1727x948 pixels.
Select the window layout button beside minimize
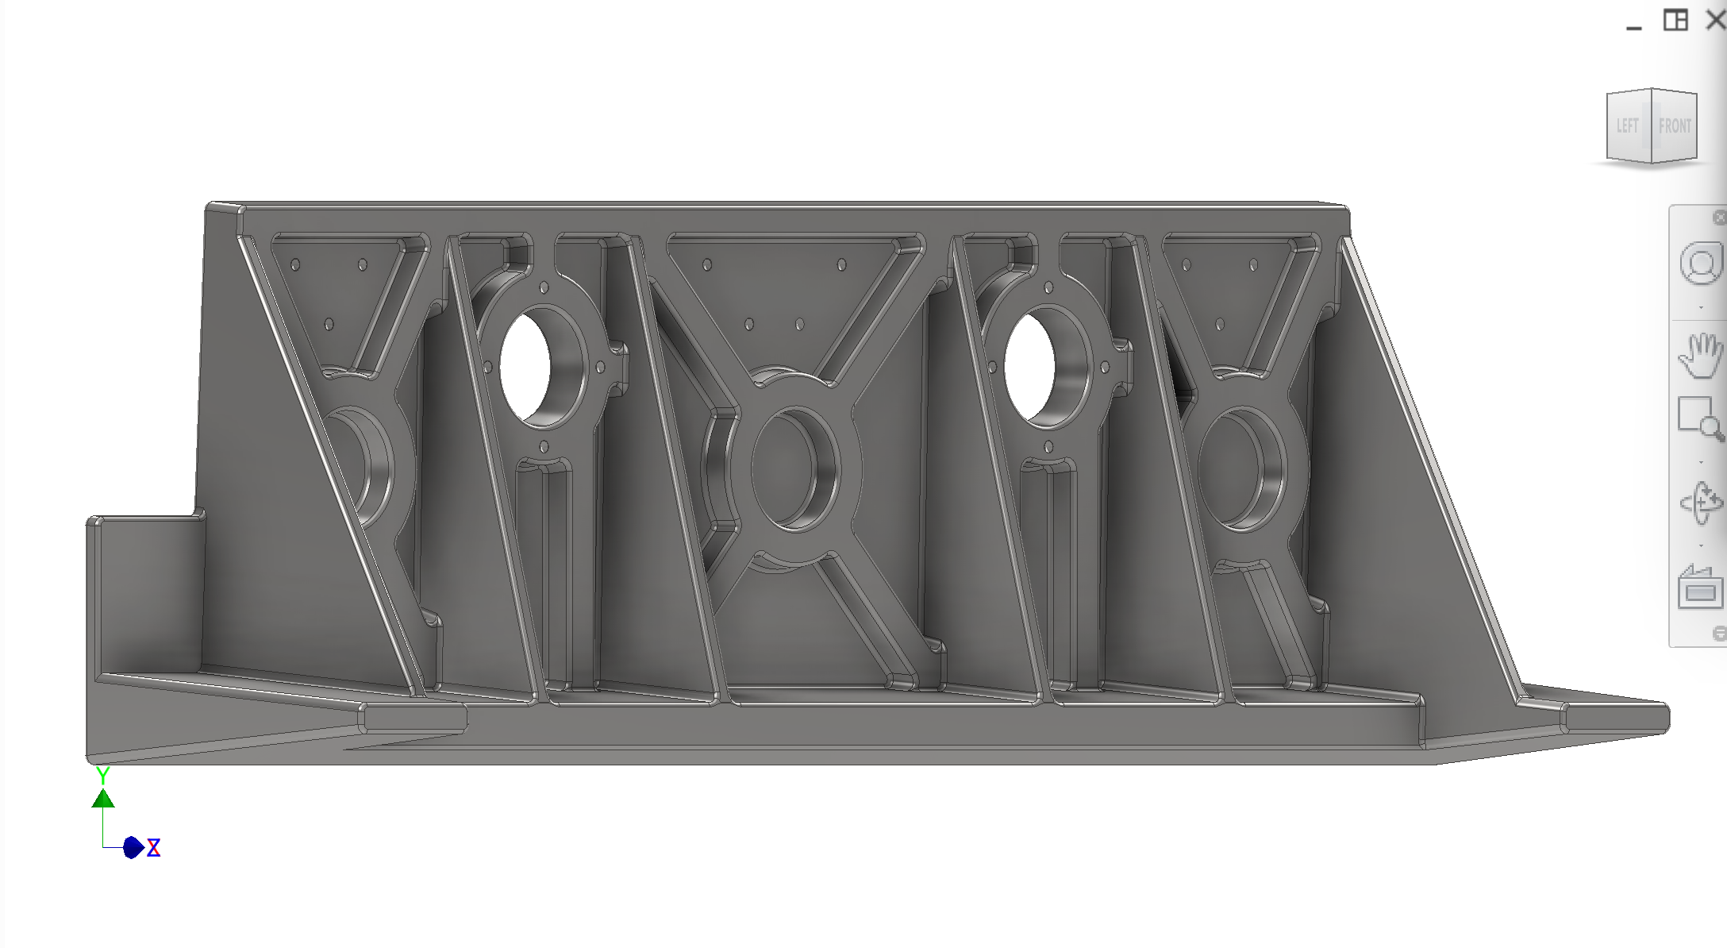click(1675, 20)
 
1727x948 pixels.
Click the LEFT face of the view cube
click(1627, 125)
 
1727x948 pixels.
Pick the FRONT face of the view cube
click(1674, 125)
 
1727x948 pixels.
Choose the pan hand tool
click(1699, 355)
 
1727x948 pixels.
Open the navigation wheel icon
click(1700, 264)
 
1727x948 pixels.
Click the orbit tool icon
click(1700, 503)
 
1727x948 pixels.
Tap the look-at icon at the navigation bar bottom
click(1699, 588)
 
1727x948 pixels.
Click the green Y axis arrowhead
click(103, 798)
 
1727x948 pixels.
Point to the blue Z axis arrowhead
click(133, 848)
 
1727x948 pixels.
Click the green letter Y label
click(102, 775)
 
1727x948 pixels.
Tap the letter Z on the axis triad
click(154, 848)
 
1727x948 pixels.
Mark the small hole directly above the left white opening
click(544, 287)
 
